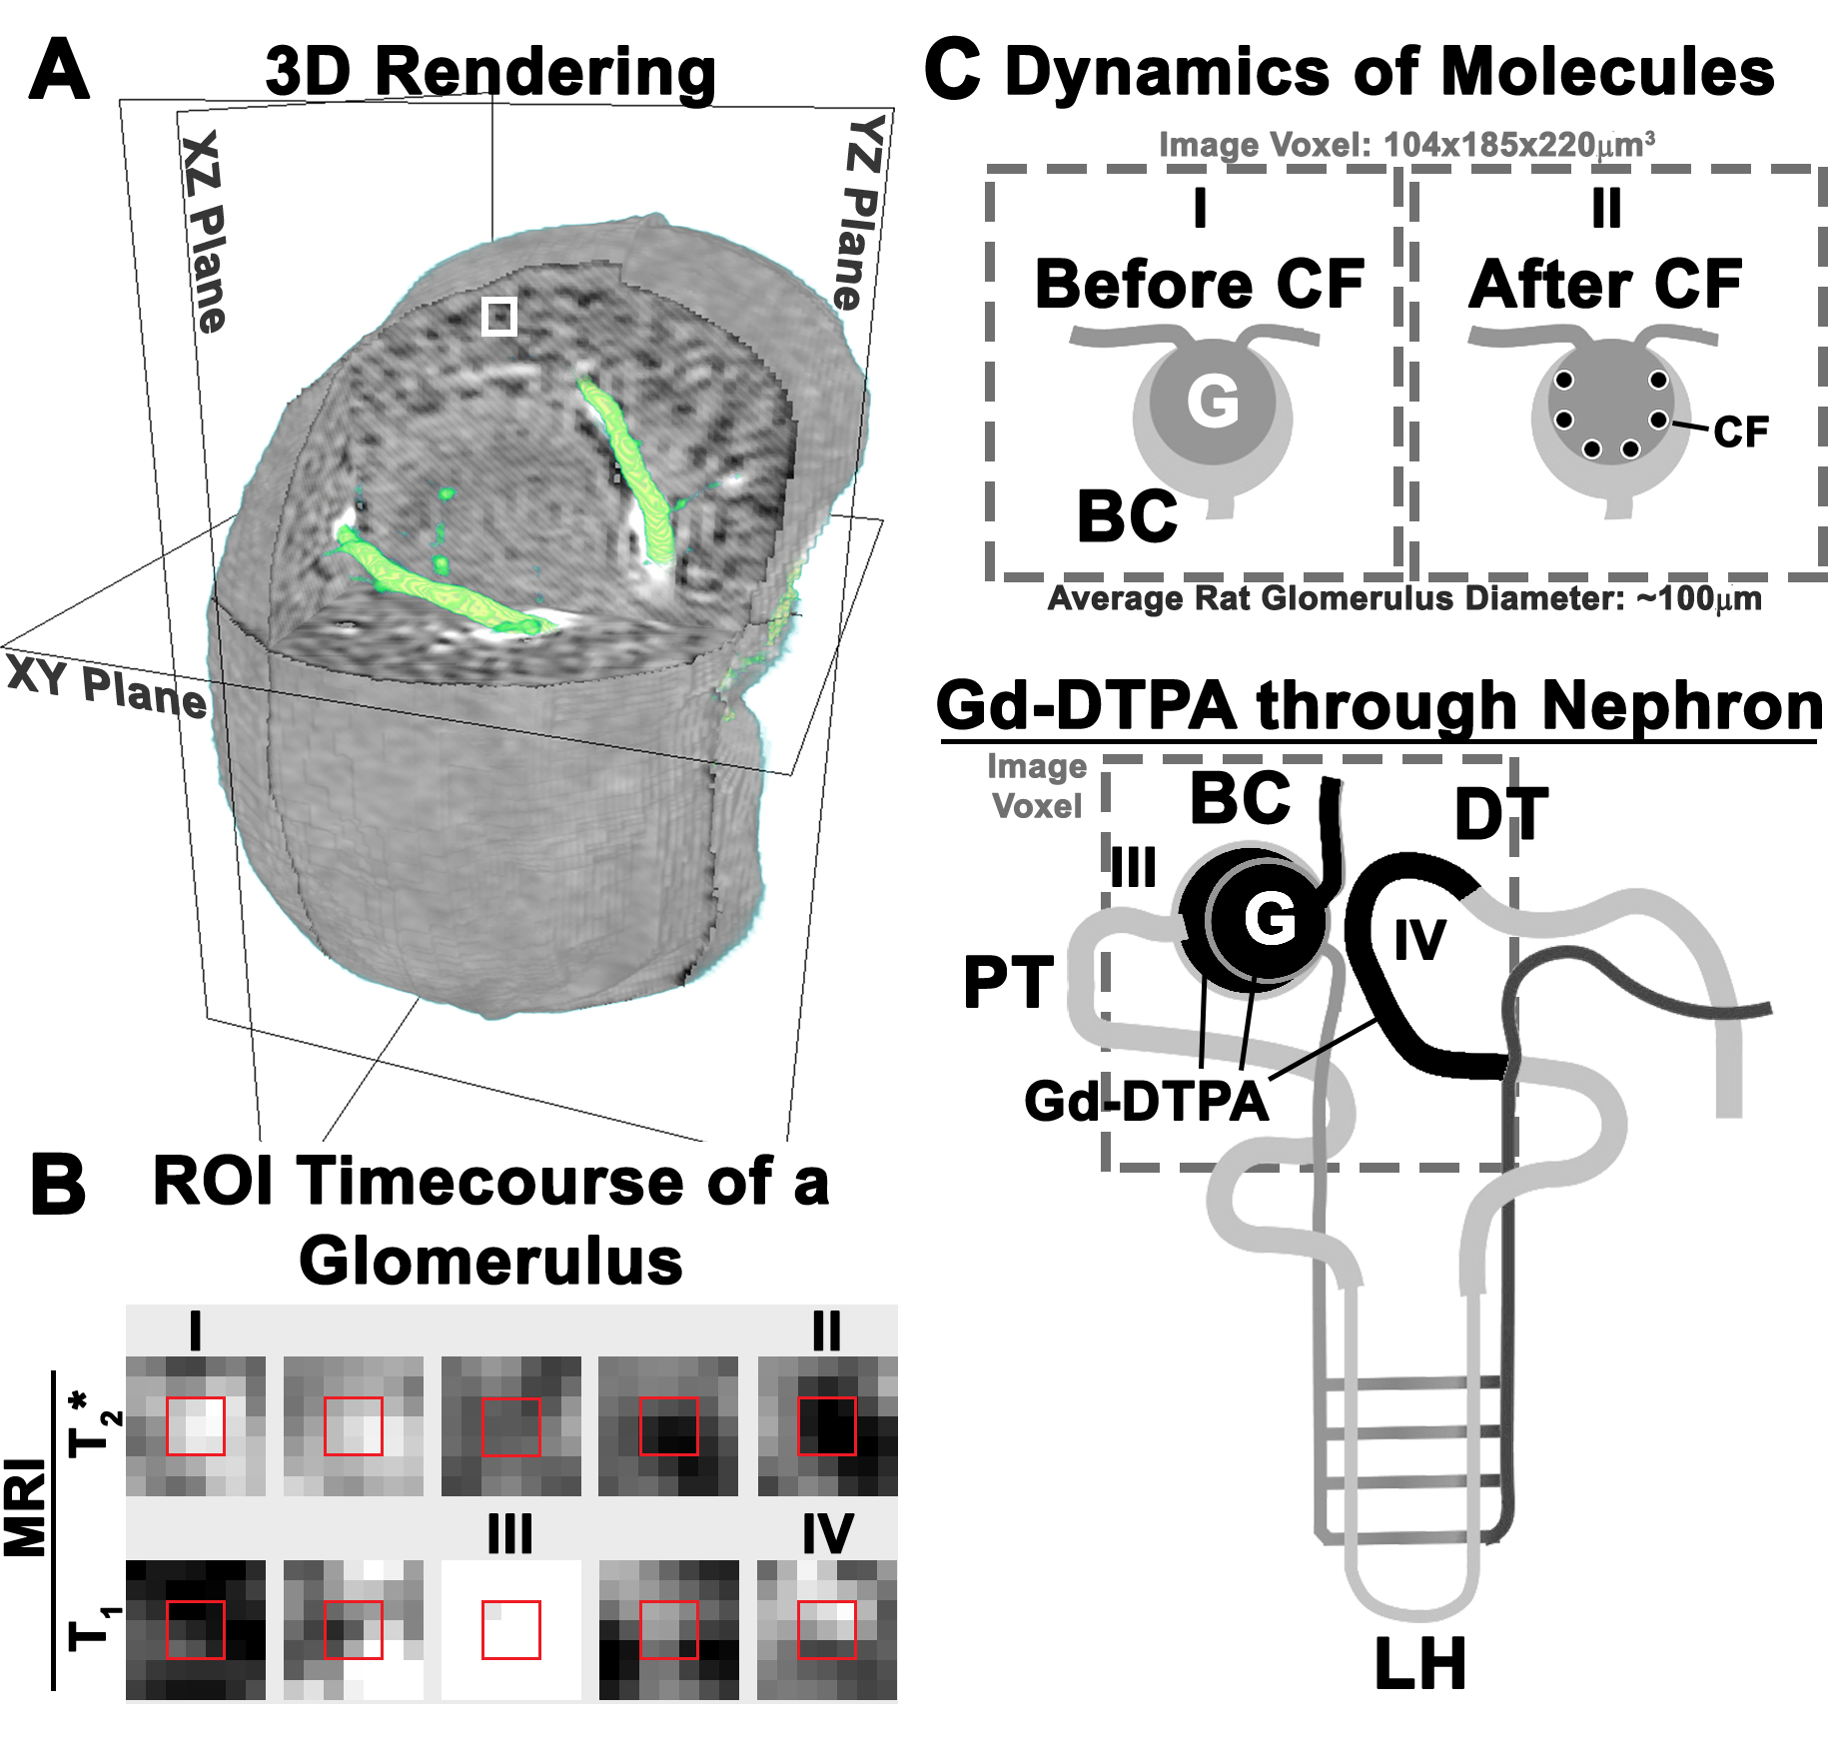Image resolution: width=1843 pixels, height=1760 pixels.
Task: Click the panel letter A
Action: tap(59, 71)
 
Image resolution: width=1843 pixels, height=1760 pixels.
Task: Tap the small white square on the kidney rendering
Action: tap(499, 316)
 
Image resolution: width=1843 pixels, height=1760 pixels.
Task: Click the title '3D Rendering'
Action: tap(490, 73)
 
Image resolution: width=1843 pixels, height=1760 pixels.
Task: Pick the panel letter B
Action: tap(58, 1185)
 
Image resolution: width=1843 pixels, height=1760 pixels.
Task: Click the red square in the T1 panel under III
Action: tap(511, 1630)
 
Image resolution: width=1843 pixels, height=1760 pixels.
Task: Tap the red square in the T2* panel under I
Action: tap(196, 1426)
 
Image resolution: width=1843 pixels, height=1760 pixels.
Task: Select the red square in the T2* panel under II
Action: tap(827, 1426)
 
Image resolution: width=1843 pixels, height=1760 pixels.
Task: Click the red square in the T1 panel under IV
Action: tap(827, 1630)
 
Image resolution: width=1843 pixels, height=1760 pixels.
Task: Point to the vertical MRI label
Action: tap(26, 1508)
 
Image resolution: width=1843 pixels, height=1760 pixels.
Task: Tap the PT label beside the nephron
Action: tap(1008, 983)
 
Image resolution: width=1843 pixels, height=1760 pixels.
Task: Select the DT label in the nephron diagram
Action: tap(1500, 815)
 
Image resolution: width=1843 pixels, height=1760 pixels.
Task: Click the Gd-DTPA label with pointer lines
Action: tap(1146, 1102)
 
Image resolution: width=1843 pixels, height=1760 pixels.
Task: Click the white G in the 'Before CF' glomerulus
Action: tap(1213, 402)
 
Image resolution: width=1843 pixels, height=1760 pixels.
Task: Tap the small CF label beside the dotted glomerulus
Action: tap(1740, 433)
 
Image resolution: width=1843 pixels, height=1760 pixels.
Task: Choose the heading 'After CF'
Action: tap(1605, 286)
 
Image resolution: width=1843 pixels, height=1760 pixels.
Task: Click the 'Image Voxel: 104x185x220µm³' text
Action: tap(1406, 146)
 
